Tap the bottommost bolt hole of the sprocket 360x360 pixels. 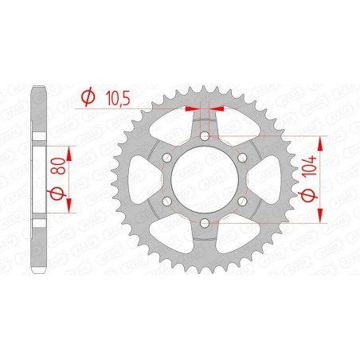pyautogui.click(x=205, y=222)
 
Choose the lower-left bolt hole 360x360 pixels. pyautogui.click(x=168, y=201)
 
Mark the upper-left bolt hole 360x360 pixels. pyautogui.click(x=168, y=158)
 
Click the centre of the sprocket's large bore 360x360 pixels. pyautogui.click(x=205, y=180)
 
